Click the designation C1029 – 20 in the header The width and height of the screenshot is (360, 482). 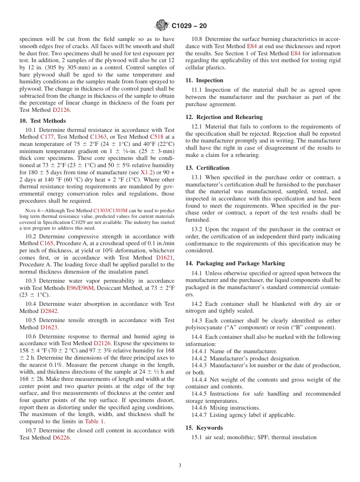click(x=189, y=26)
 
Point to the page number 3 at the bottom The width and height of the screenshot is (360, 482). click(x=180, y=466)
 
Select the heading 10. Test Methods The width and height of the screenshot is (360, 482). click(x=42, y=121)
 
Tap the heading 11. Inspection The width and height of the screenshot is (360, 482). click(x=204, y=80)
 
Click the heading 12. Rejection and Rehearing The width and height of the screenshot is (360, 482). click(x=224, y=117)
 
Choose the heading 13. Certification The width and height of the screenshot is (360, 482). click(x=207, y=168)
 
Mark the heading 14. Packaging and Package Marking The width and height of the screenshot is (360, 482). click(x=235, y=263)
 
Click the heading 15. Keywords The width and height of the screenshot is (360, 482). click(x=204, y=428)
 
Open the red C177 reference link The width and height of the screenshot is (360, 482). click(x=47, y=137)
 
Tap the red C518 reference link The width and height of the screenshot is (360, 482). click(x=157, y=137)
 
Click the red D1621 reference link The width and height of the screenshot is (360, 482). click(x=164, y=258)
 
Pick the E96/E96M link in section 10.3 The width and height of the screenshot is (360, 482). click(x=80, y=288)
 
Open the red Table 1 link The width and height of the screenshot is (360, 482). click(x=94, y=421)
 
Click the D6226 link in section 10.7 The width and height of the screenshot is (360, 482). click(x=61, y=438)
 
